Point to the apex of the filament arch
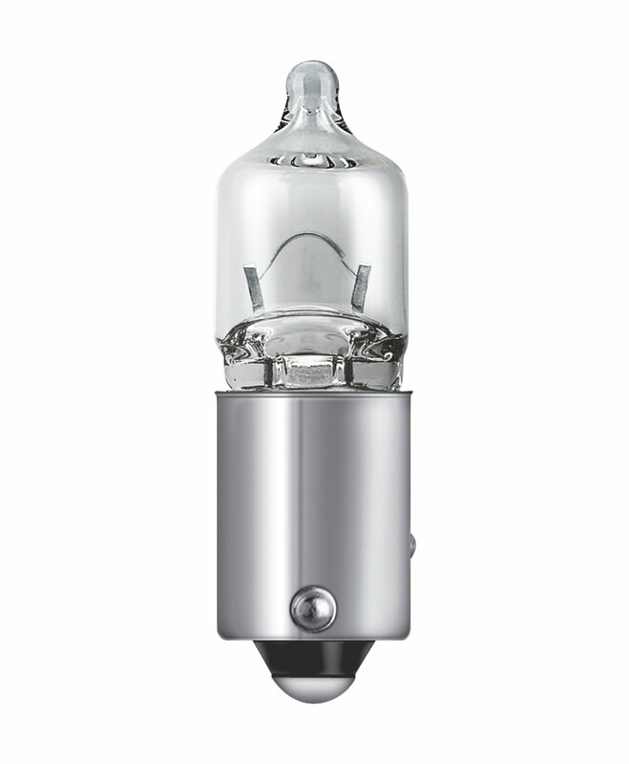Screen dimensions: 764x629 304,235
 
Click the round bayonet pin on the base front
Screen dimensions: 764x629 311,605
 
